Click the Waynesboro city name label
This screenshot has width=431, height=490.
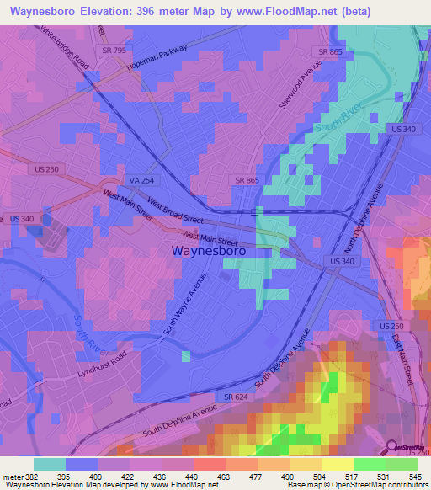pos(209,251)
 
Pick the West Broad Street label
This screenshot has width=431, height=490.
pos(175,210)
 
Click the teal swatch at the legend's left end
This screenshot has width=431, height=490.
pos(50,464)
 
